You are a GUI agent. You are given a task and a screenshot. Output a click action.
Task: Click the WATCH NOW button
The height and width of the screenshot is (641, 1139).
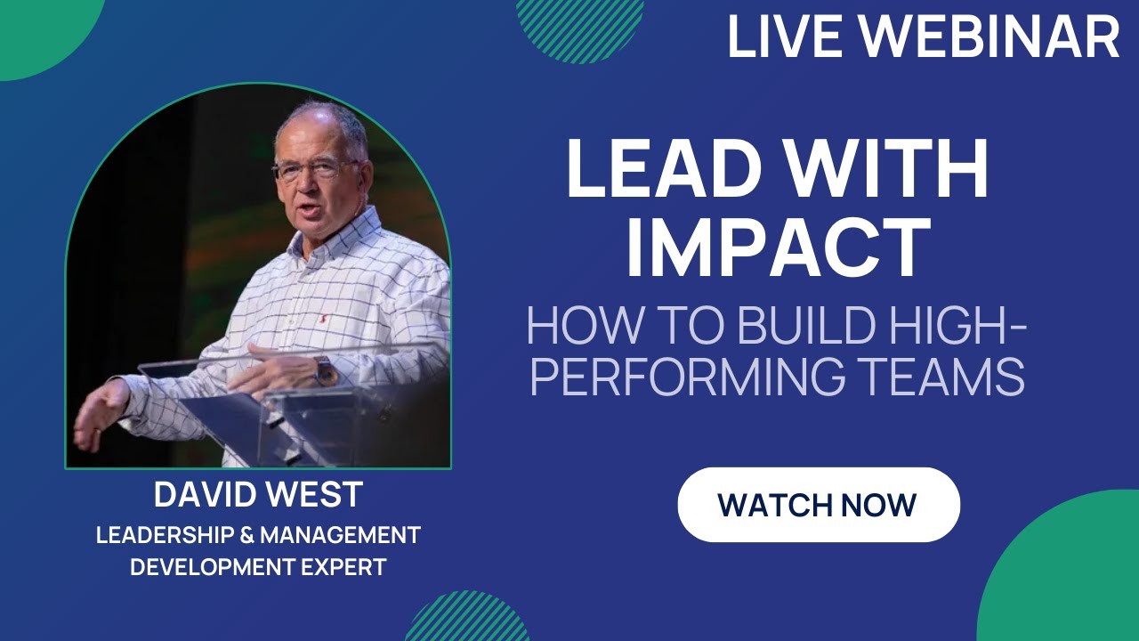coord(818,505)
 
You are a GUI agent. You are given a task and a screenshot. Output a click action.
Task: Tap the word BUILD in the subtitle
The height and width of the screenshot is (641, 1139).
coord(792,327)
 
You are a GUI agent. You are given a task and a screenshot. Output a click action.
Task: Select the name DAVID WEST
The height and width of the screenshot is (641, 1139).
coord(258,494)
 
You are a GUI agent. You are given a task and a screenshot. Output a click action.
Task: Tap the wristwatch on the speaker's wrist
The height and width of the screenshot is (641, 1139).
coord(323,369)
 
